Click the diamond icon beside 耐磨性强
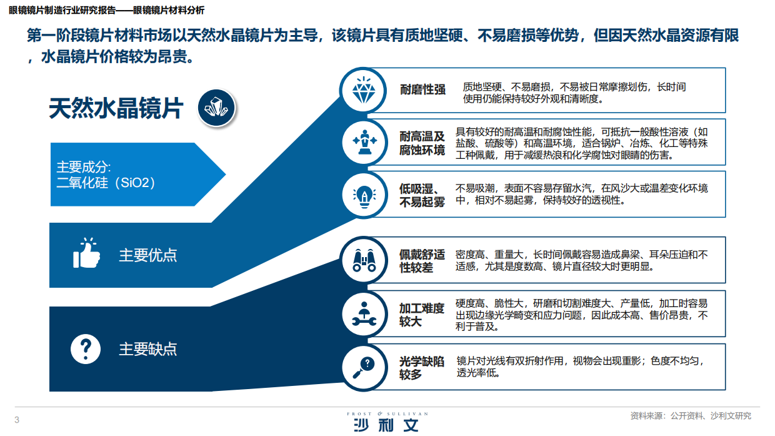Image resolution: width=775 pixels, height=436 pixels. click(364, 91)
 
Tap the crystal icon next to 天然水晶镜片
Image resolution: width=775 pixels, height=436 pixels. click(217, 109)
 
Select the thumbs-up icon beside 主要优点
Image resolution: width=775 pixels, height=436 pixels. click(86, 253)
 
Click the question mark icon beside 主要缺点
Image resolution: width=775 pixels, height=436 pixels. click(86, 348)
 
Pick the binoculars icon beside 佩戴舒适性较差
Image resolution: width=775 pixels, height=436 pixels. click(364, 260)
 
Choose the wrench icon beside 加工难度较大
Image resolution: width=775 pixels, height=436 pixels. click(364, 313)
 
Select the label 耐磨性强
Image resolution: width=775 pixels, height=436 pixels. click(422, 89)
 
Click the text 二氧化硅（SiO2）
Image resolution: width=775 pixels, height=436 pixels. click(106, 183)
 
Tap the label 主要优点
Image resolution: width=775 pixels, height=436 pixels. click(148, 255)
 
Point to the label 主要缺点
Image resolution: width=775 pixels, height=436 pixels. click(148, 349)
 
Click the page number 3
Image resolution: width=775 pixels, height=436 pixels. click(17, 419)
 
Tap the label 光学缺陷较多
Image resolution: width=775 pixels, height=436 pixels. click(422, 368)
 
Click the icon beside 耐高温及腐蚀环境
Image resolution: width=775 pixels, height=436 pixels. click(364, 141)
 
